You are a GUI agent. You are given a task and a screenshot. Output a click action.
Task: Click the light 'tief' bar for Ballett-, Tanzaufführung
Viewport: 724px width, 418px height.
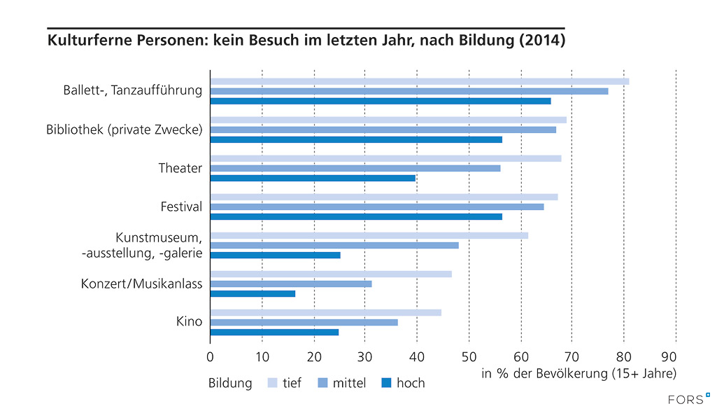click(420, 81)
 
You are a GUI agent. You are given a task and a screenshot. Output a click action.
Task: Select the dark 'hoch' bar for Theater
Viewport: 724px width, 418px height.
click(313, 178)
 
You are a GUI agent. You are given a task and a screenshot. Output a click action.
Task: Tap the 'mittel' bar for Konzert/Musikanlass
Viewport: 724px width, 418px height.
click(291, 284)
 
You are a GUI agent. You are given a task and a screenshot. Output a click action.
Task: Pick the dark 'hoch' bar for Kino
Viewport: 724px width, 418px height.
click(274, 332)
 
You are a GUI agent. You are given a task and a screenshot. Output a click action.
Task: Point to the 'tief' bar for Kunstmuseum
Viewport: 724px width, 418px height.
click(369, 235)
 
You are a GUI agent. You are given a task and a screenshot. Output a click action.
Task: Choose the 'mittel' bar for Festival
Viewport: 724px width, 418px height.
click(377, 207)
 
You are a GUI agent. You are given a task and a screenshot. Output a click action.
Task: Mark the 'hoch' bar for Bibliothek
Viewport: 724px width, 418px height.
click(356, 139)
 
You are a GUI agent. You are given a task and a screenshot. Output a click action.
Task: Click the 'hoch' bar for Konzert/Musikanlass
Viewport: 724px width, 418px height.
click(253, 293)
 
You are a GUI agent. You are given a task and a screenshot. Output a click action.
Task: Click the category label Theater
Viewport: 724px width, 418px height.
click(180, 168)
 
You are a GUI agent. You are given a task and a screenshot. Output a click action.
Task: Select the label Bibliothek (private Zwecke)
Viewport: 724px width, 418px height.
click(124, 130)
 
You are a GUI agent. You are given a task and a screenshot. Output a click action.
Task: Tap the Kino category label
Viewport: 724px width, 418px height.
click(189, 322)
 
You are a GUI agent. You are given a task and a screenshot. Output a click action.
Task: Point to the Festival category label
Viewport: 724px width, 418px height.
click(180, 207)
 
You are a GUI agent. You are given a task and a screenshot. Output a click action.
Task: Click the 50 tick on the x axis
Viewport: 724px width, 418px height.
click(469, 356)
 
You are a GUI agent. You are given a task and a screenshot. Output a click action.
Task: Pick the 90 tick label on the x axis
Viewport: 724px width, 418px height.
click(676, 356)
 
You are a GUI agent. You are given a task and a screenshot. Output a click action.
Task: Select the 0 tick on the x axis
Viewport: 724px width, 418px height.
click(210, 356)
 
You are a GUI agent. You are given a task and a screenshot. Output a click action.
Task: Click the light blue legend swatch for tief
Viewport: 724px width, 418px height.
click(272, 383)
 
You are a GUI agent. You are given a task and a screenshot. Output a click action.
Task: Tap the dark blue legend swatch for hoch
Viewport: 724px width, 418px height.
click(385, 383)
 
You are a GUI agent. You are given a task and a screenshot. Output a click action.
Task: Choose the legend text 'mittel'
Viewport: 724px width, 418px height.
click(349, 383)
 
